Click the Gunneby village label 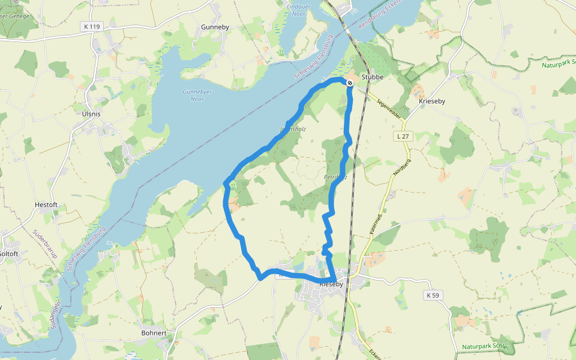click(x=215, y=28)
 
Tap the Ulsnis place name click(x=91, y=113)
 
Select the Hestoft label click(x=46, y=205)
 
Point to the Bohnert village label click(x=154, y=333)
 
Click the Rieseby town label click(x=331, y=284)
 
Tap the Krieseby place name click(x=431, y=102)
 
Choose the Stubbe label click(x=373, y=77)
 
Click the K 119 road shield click(x=92, y=26)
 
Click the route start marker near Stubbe click(x=350, y=83)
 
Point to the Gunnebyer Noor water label click(x=197, y=95)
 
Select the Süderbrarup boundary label click(x=45, y=243)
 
